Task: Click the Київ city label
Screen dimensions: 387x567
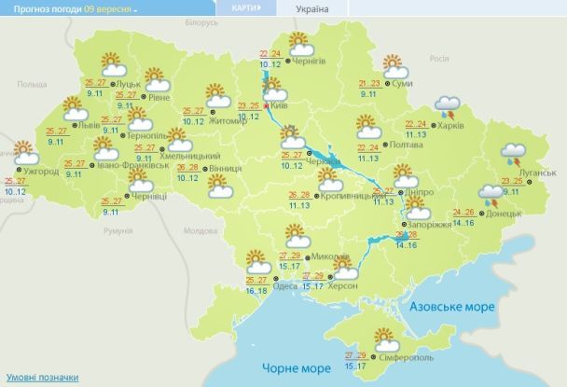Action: tap(280, 106)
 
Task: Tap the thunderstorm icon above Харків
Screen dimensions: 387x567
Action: tap(449, 106)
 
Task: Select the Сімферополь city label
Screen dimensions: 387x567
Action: tap(403, 358)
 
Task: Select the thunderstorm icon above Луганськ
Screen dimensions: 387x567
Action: tap(513, 153)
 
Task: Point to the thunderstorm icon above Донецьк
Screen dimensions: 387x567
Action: tap(491, 193)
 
